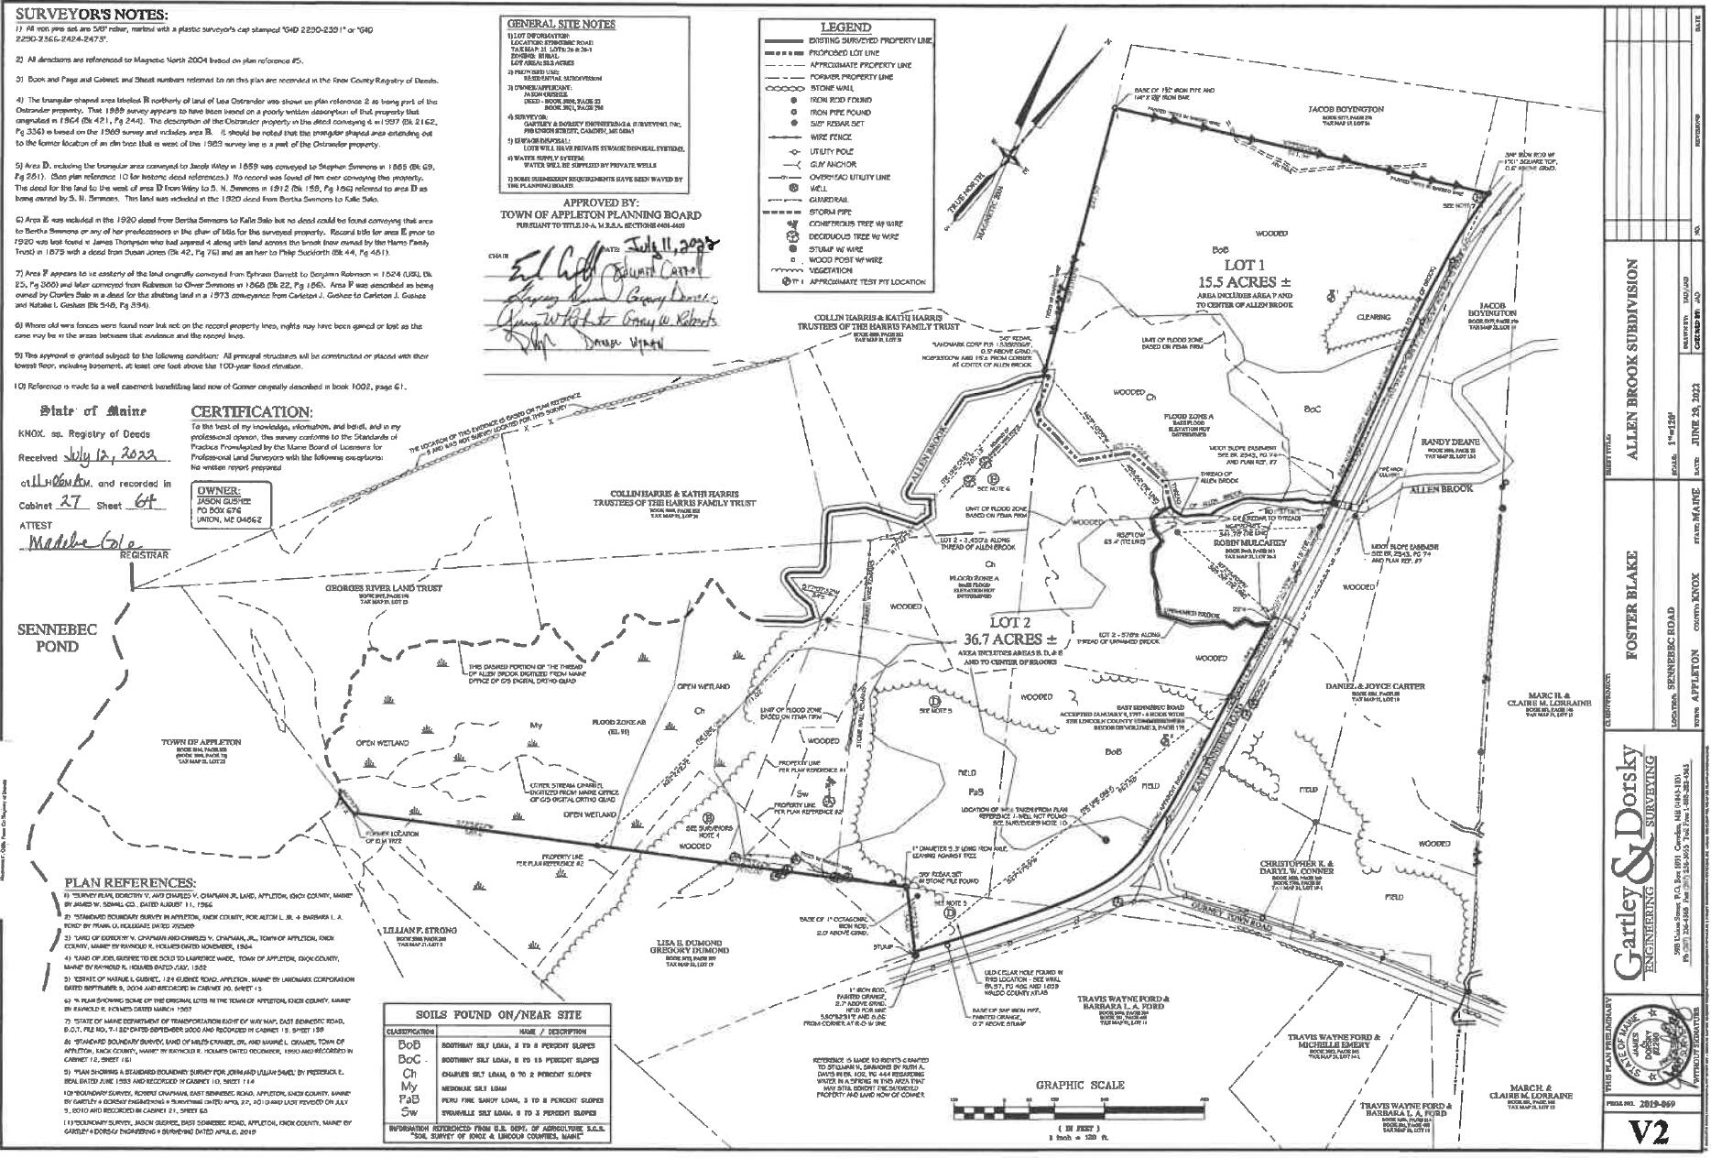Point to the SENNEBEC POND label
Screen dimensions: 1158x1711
pyautogui.click(x=46, y=638)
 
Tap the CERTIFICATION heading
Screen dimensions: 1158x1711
pyautogui.click(x=251, y=412)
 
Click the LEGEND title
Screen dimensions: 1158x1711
pyautogui.click(x=845, y=27)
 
